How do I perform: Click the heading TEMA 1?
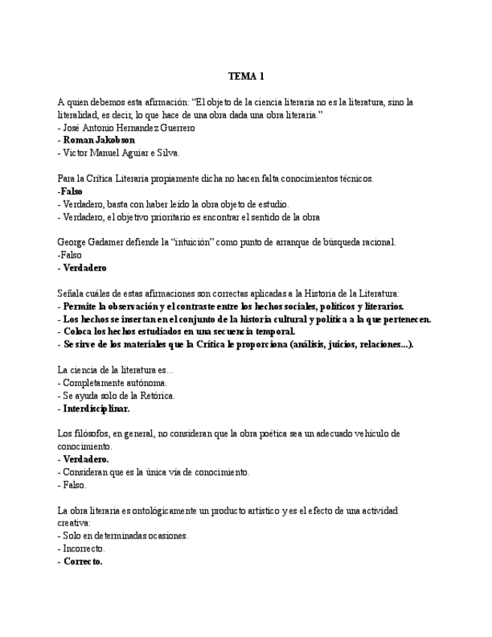[x=246, y=77]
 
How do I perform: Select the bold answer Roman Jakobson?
[x=99, y=140]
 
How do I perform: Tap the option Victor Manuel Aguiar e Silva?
[x=121, y=153]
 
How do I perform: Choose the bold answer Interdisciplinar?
[x=96, y=409]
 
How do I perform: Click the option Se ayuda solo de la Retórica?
[x=119, y=396]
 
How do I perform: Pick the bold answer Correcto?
[x=83, y=562]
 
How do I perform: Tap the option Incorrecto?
[x=84, y=549]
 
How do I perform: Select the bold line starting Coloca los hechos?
[x=179, y=331]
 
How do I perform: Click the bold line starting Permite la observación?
[x=233, y=306]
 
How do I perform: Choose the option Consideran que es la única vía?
[x=156, y=472]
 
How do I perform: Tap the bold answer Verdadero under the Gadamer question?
[x=84, y=267]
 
